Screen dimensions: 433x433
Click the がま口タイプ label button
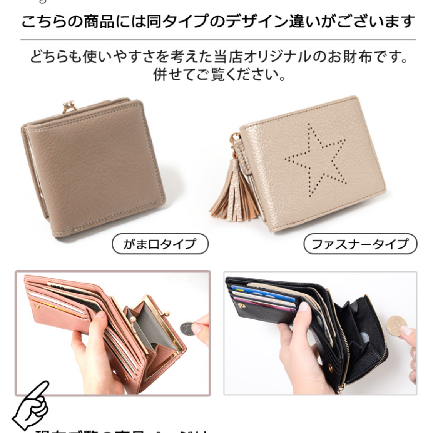160,244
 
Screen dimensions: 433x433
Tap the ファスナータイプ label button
360,244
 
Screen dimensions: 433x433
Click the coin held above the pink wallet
187,328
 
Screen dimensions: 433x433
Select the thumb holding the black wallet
304,308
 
